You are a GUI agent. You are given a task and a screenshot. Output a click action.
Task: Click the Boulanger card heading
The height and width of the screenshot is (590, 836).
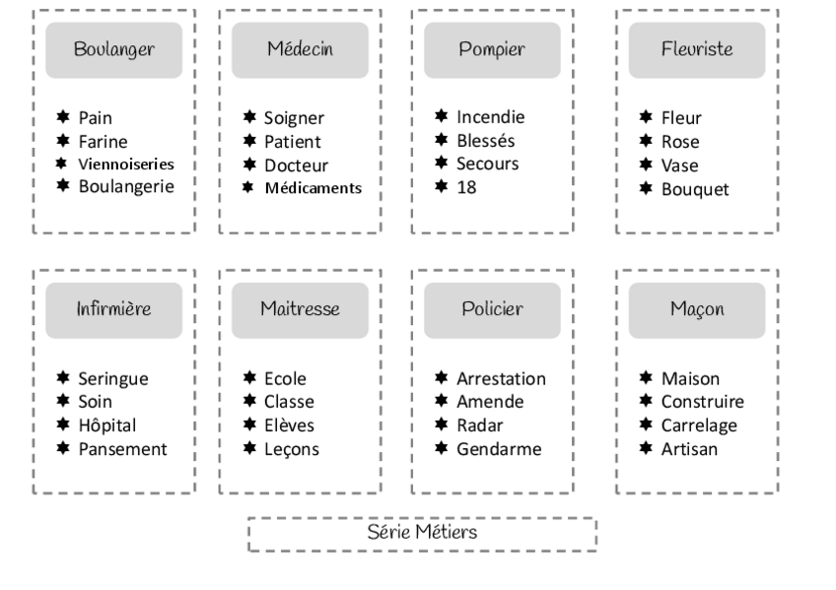tap(113, 50)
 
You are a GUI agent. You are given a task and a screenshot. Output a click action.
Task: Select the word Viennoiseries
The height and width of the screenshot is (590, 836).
tap(126, 164)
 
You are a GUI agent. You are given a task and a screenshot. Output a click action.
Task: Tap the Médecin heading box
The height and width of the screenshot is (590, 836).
tap(300, 50)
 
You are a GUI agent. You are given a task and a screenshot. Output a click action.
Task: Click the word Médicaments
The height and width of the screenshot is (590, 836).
tap(313, 187)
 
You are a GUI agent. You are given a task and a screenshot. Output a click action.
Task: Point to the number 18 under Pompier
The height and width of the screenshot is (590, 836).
tap(465, 186)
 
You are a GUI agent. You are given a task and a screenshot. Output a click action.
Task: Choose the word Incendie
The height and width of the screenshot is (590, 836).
tap(490, 117)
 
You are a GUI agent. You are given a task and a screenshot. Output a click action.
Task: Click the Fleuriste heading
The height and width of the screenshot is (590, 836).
tap(696, 50)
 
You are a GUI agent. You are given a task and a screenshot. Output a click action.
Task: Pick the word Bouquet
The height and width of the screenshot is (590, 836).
tap(695, 188)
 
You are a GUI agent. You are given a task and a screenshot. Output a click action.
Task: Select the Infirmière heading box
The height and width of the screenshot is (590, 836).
tap(113, 309)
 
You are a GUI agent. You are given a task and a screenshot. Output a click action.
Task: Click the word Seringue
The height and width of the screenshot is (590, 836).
tap(115, 378)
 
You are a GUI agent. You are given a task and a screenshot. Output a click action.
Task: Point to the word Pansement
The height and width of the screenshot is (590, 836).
tap(123, 449)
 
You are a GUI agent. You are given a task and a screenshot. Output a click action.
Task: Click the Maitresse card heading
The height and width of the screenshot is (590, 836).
tap(300, 309)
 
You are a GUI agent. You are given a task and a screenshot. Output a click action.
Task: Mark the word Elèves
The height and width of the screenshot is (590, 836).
tap(289, 426)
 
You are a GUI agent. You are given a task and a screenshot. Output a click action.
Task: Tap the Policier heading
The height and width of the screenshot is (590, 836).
tap(492, 309)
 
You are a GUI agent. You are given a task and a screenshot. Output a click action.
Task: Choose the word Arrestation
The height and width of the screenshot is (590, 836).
tap(501, 378)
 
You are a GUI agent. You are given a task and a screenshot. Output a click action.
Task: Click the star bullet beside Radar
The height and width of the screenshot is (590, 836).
tap(443, 426)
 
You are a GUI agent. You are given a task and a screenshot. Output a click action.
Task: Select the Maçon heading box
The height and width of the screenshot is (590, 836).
tap(696, 309)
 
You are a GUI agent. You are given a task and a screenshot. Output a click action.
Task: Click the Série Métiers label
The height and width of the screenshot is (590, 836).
tap(422, 532)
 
